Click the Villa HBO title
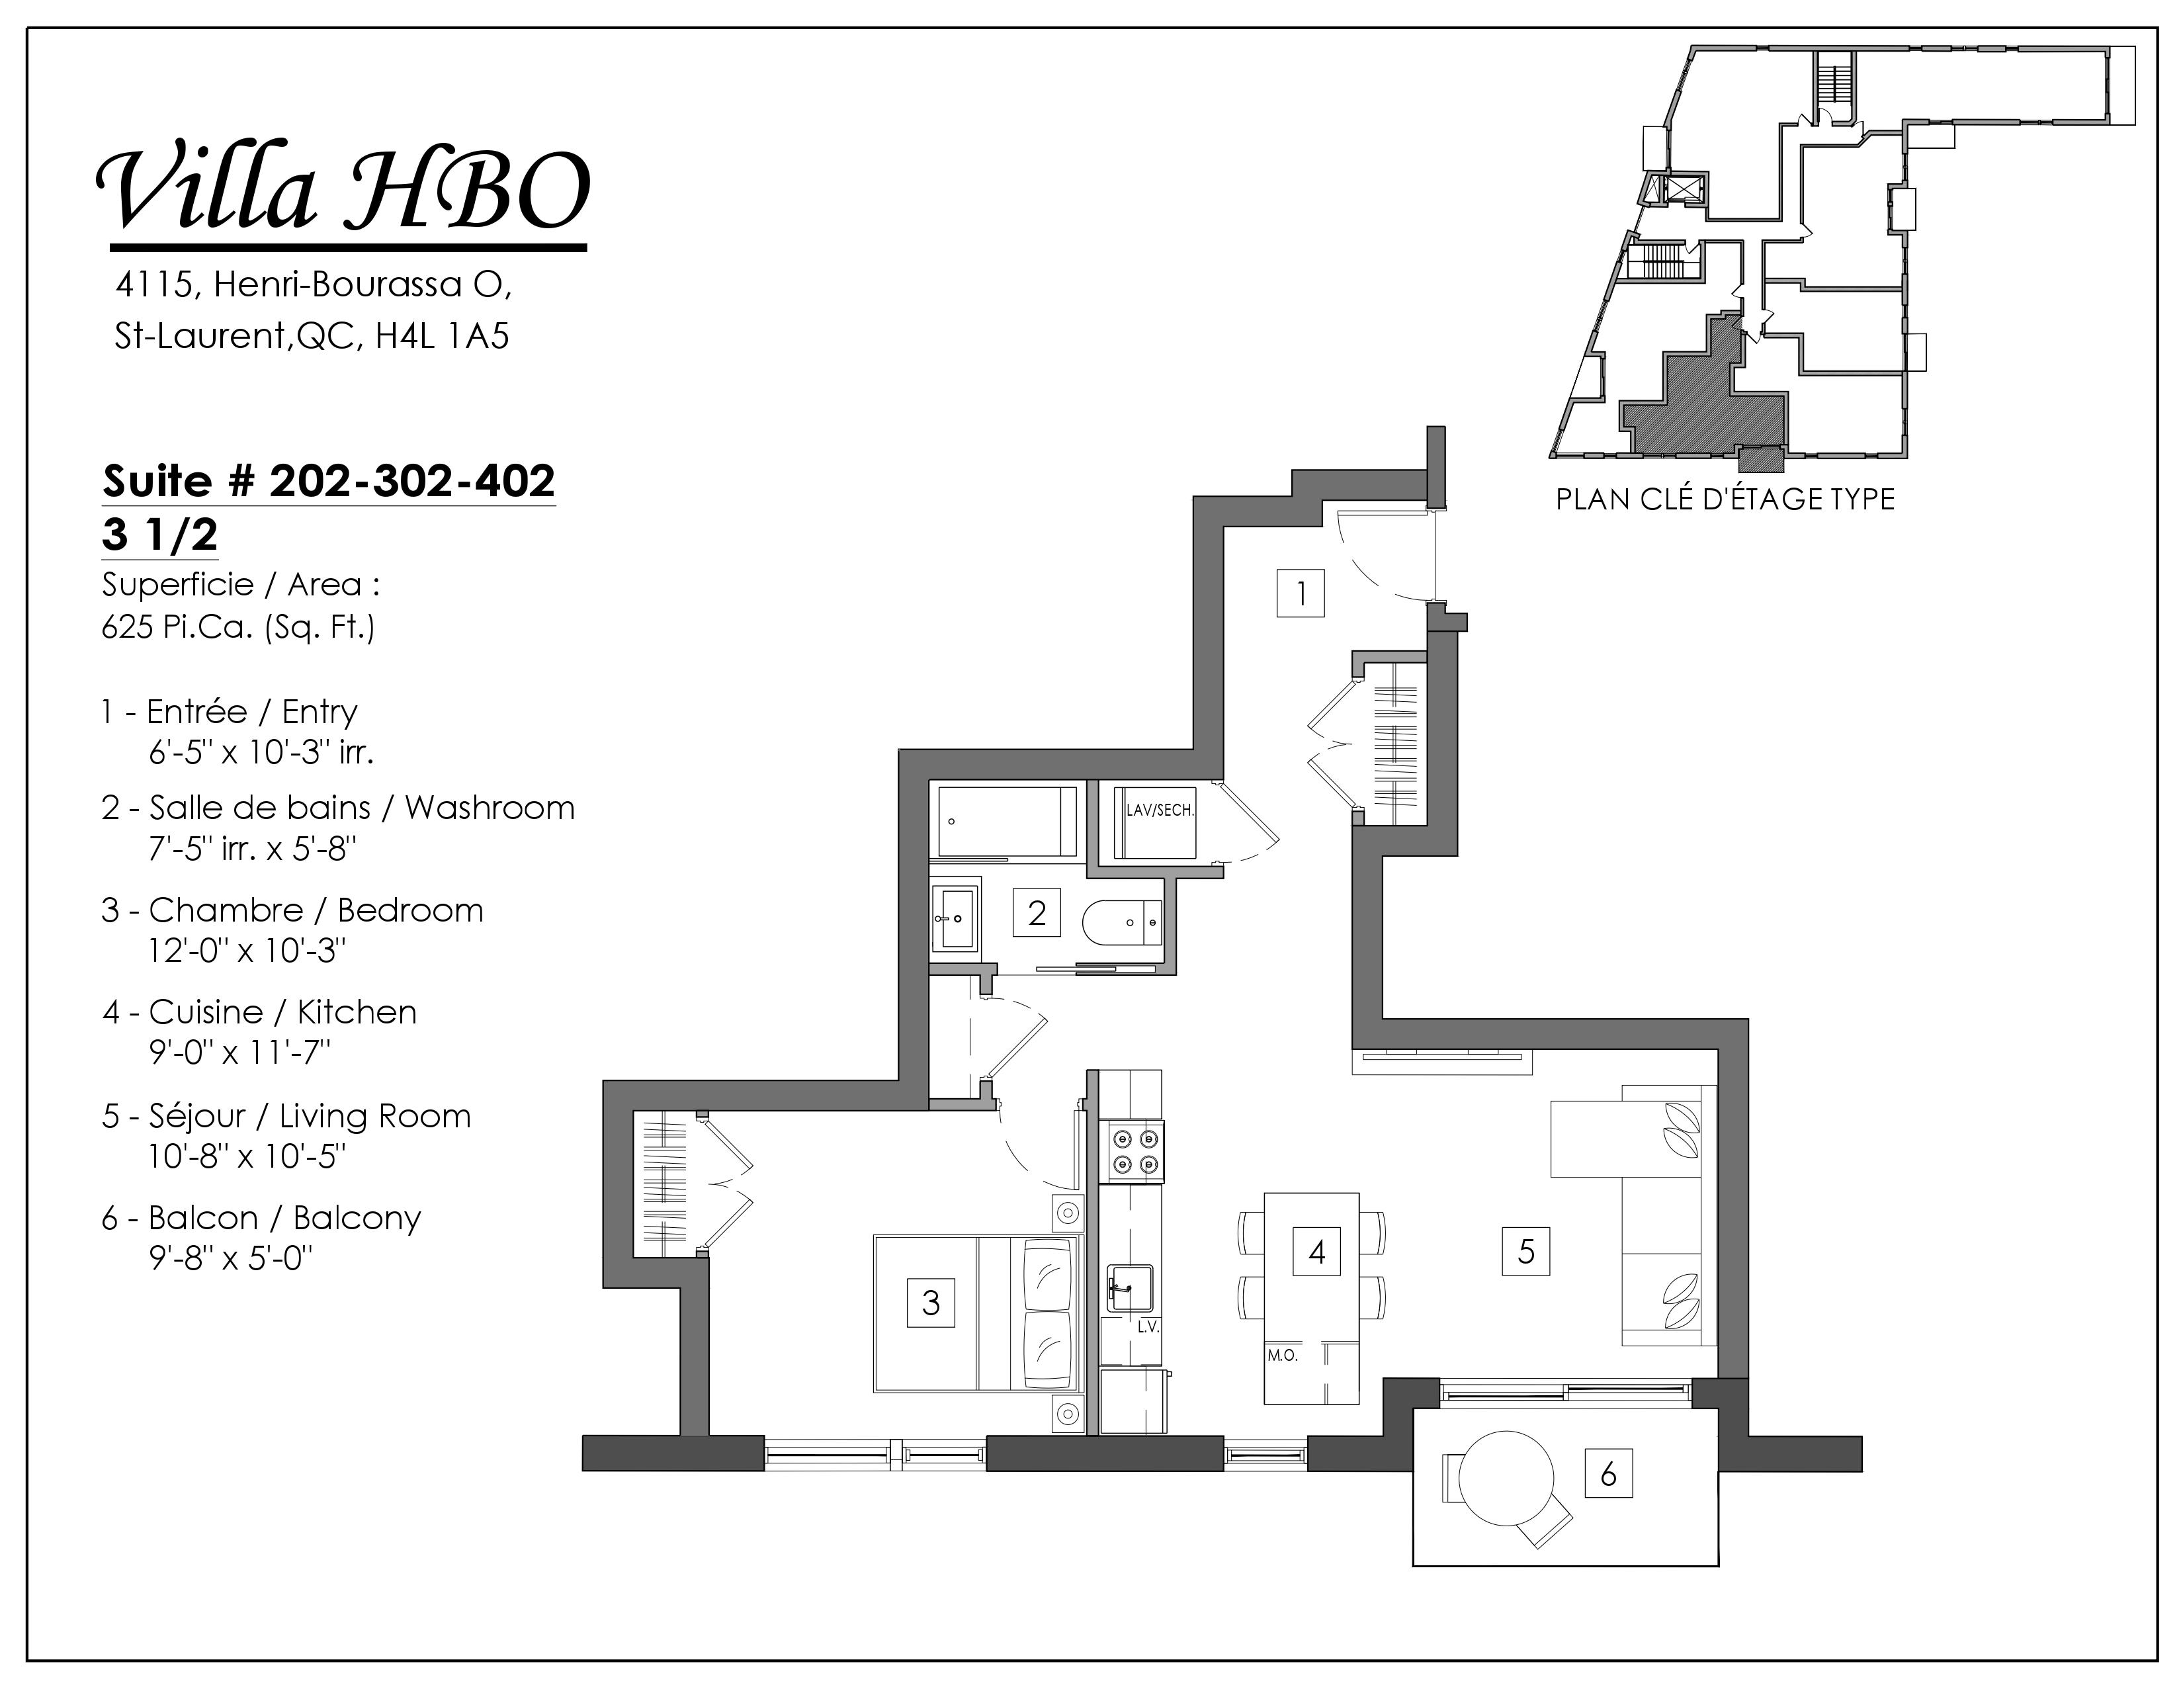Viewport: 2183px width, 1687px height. click(343, 190)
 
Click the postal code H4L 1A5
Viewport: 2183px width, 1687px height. click(442, 336)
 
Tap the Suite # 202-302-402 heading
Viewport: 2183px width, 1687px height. click(329, 482)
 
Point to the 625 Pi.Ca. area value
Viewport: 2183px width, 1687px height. click(238, 628)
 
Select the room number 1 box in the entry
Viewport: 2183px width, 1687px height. click(1301, 593)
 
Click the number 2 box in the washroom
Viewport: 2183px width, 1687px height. click(1037, 912)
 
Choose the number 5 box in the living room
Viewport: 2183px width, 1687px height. click(1526, 1251)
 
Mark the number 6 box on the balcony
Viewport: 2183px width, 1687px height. click(1608, 1473)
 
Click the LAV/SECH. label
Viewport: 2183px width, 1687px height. click(1160, 810)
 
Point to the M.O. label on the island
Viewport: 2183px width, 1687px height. click(1283, 1356)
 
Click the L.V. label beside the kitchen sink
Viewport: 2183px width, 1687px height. click(1148, 1327)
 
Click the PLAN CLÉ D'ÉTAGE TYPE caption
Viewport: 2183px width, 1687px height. click(1725, 499)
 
